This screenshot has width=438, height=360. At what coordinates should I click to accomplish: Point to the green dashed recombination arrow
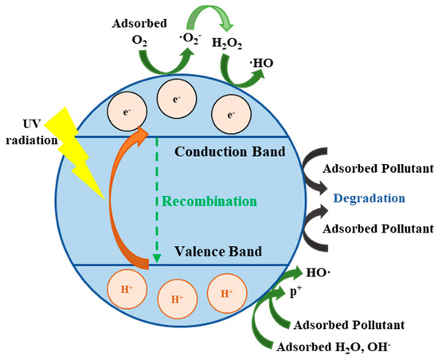tap(157, 199)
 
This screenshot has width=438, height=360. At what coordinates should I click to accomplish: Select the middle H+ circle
tap(175, 299)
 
